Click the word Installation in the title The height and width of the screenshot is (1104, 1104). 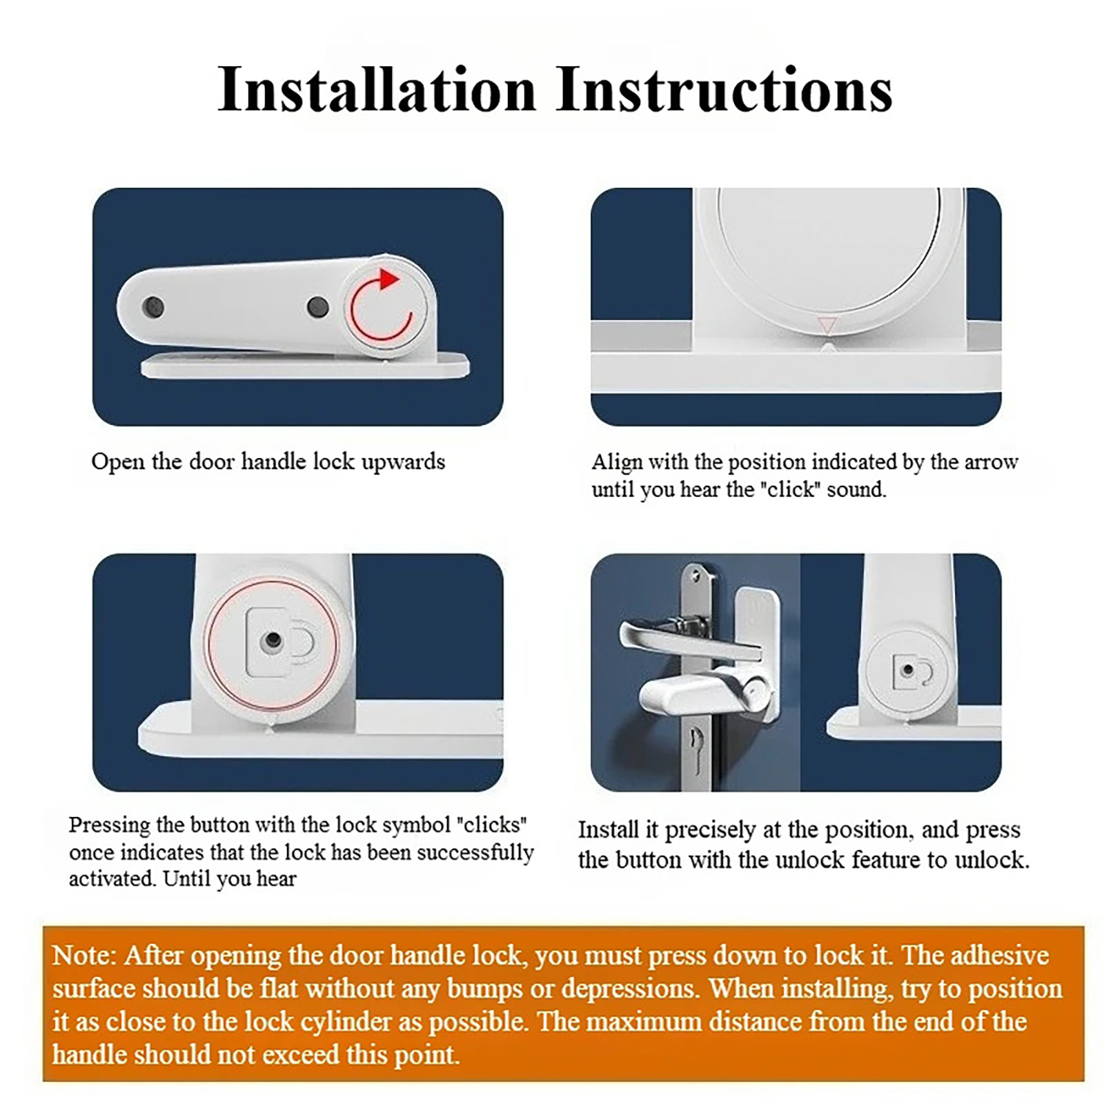(377, 90)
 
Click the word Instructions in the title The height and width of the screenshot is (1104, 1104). (724, 90)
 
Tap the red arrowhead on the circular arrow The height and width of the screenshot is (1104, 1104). (389, 279)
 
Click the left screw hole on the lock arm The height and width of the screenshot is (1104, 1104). (152, 307)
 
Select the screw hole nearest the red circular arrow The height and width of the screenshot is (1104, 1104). (317, 306)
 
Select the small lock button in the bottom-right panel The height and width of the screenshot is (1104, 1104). (908, 670)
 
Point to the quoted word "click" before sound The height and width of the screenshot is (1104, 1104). (791, 489)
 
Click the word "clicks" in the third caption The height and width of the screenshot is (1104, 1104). (492, 825)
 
